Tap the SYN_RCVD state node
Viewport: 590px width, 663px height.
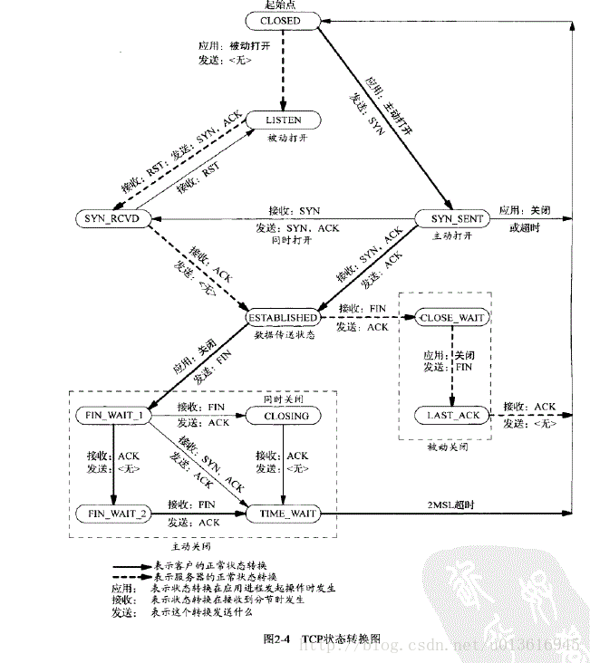[111, 219]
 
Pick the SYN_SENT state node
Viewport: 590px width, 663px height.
[450, 219]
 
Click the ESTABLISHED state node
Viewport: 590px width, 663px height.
[283, 318]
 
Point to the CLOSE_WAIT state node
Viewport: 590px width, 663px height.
[450, 318]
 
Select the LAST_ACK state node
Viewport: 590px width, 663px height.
[450, 416]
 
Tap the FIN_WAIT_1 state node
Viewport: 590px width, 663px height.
[111, 416]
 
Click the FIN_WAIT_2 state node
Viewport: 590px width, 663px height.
[111, 513]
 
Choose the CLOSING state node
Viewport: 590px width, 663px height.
[285, 416]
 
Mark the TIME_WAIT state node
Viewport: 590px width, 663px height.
[285, 513]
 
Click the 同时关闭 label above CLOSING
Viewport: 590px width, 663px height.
[285, 399]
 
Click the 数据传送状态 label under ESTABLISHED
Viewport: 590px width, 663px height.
[285, 335]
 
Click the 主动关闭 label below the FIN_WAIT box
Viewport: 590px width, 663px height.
[191, 546]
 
